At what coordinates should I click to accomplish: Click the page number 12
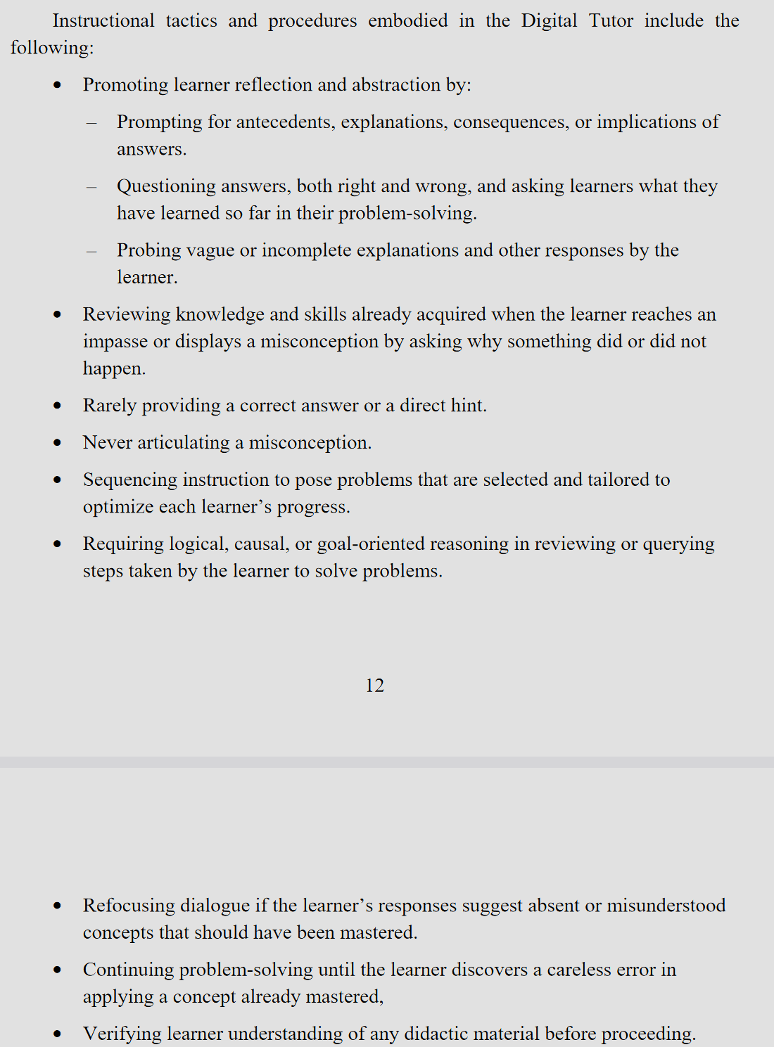click(374, 686)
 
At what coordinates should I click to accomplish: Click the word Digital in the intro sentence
click(549, 21)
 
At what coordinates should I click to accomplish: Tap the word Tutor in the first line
click(611, 21)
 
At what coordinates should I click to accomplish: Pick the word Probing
click(147, 251)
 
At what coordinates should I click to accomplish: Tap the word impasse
click(115, 342)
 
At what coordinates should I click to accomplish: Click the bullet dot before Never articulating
click(58, 443)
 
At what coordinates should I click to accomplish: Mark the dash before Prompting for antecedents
click(91, 123)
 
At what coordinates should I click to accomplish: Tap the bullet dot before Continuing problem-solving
click(58, 970)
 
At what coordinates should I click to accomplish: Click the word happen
click(113, 369)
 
